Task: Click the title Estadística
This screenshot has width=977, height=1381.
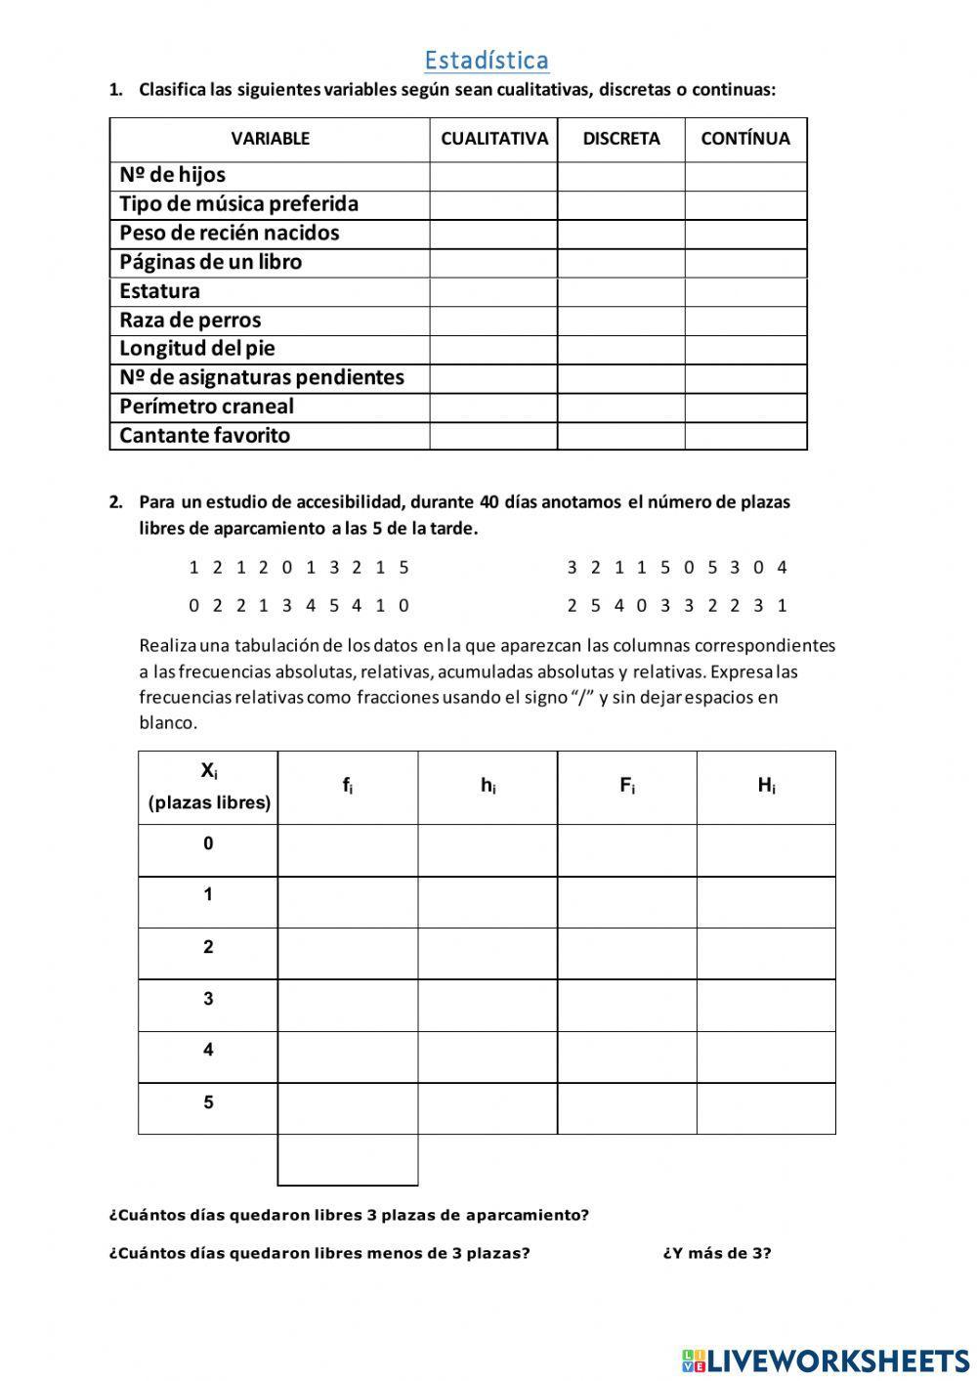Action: coord(487,61)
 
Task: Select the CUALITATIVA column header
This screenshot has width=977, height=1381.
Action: coord(494,139)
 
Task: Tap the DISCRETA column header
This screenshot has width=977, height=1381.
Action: coord(621,139)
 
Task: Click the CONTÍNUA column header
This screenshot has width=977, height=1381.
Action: coord(745,139)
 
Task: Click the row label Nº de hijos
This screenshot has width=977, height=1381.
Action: coord(173,175)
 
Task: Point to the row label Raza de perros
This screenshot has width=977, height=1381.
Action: coord(191,321)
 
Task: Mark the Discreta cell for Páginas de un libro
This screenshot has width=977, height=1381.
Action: coord(621,263)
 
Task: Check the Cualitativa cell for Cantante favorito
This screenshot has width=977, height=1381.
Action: coord(494,436)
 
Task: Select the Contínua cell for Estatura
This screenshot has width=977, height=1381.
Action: coord(745,292)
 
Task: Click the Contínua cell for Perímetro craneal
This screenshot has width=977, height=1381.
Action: coord(745,408)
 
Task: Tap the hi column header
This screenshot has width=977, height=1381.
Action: coord(488,786)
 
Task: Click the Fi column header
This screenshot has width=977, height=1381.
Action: coord(627,786)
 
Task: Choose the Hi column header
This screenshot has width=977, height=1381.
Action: coord(766,786)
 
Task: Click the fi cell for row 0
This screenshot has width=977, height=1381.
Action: coord(348,850)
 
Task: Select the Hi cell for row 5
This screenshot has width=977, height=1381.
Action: coord(766,1108)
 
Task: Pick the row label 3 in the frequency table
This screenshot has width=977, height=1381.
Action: coord(208,999)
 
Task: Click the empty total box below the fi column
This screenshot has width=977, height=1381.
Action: coord(348,1160)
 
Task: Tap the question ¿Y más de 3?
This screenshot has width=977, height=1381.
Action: coord(717,1253)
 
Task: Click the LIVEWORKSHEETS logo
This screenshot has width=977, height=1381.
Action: coord(826,1359)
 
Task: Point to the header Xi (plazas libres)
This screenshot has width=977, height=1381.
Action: coord(209,787)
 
